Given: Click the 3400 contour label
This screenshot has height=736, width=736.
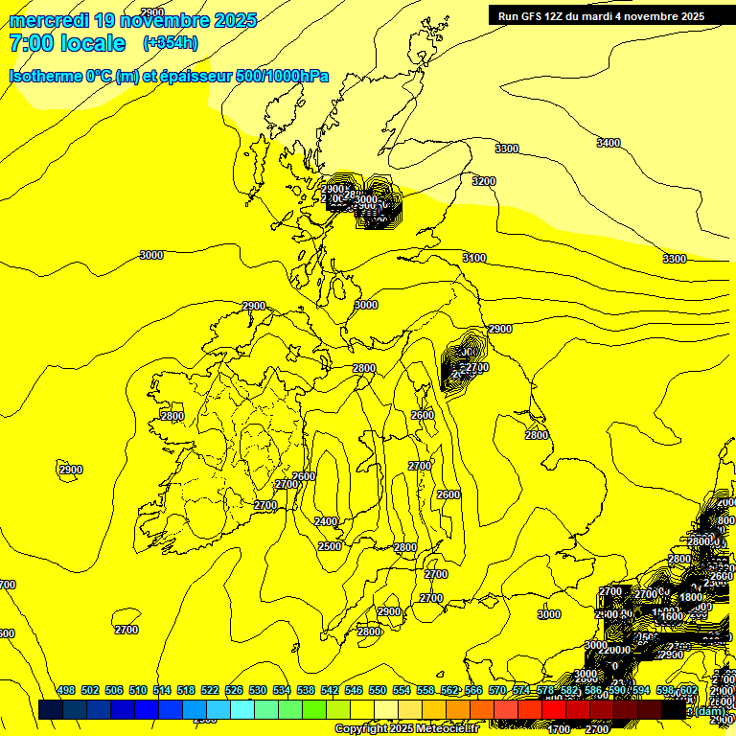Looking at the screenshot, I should click(608, 143).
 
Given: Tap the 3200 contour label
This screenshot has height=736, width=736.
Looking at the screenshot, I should click(484, 181).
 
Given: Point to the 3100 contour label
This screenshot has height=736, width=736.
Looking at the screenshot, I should click(474, 258).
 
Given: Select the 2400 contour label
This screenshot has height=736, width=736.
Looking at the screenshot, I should click(326, 521).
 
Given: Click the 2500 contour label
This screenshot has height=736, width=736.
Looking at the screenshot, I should click(330, 546).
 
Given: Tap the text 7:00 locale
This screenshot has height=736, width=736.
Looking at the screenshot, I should click(67, 43).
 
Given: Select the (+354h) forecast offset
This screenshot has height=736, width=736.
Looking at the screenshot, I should click(171, 43).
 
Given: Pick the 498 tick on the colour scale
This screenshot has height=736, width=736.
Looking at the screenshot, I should click(66, 690).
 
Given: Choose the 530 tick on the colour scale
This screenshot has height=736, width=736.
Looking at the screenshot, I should click(258, 690).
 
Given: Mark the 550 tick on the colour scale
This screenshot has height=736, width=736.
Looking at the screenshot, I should click(378, 690).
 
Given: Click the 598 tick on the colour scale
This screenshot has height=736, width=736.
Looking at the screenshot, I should click(665, 690).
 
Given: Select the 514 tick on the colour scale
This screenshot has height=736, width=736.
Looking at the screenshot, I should click(162, 690).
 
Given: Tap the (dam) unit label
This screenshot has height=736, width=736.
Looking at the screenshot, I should click(710, 711).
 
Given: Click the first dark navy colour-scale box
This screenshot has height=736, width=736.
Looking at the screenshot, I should click(51, 709).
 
